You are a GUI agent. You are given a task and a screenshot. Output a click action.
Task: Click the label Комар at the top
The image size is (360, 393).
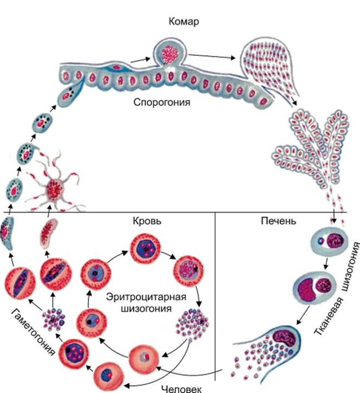[x=184, y=22]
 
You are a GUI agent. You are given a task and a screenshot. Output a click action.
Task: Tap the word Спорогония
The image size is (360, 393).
[x=162, y=102]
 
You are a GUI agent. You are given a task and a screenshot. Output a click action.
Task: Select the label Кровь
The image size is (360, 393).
[x=147, y=221]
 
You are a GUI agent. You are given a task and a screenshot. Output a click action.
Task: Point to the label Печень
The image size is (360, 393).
[x=279, y=221]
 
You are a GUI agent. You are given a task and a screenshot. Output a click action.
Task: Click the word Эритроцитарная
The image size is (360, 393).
[x=146, y=297]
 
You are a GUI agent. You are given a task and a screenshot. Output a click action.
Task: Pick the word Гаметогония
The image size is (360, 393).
[x=33, y=332]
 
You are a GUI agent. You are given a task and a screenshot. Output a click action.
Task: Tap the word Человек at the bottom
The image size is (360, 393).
[x=181, y=389]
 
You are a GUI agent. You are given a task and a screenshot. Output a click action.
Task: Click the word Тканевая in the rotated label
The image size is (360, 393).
[x=329, y=317]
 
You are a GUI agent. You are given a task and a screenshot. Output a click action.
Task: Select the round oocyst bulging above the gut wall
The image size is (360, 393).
[x=170, y=53]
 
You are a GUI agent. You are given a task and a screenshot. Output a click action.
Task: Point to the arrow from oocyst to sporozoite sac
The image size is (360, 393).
[x=212, y=56]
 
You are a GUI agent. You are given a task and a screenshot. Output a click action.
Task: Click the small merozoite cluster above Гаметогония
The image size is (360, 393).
[x=53, y=319]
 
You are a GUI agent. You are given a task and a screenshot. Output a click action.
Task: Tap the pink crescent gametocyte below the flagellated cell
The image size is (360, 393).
[x=48, y=233]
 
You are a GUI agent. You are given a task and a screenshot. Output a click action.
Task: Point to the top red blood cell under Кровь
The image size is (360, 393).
[x=145, y=249]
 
